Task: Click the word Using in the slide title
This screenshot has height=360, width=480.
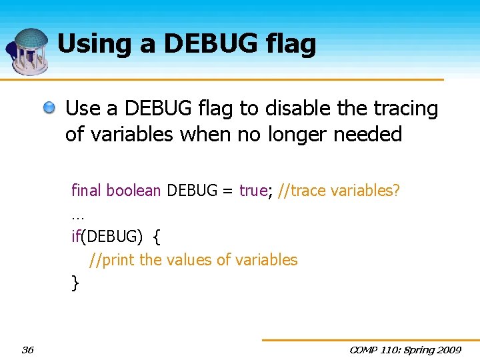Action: [x=87, y=44]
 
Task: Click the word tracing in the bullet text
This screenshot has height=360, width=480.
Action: [x=405, y=109]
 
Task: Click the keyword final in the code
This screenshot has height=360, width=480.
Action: [x=86, y=191]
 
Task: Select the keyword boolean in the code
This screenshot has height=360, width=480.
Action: [x=134, y=191]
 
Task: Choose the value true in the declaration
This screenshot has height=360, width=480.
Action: [x=253, y=191]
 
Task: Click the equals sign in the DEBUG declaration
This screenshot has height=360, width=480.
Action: [x=227, y=191]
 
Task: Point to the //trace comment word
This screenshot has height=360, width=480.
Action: [x=305, y=191]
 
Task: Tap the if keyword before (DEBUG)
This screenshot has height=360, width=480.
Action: [x=75, y=237]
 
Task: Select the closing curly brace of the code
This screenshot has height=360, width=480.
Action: [x=75, y=283]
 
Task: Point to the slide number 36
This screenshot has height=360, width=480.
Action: [x=28, y=349]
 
